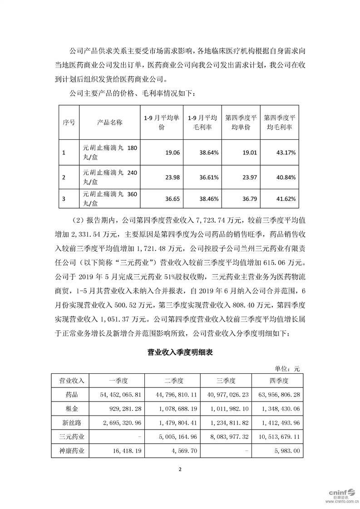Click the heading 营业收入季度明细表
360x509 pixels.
pos(180,352)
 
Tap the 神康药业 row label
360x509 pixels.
pos(72,451)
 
